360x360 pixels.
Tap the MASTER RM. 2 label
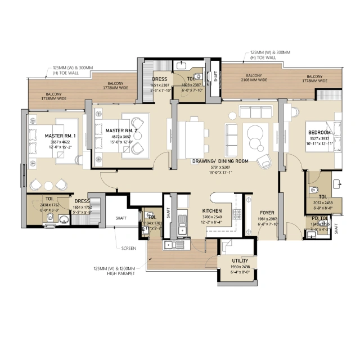coord(121,130)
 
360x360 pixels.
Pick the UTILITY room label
coord(240,261)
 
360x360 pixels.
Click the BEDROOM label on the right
coord(319,133)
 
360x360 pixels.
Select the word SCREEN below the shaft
coord(128,248)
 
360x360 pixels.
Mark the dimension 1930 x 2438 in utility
coord(240,267)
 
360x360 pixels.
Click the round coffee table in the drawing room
coord(253,133)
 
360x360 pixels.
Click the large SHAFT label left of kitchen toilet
coord(120,218)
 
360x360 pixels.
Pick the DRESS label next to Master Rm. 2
coord(159,79)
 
